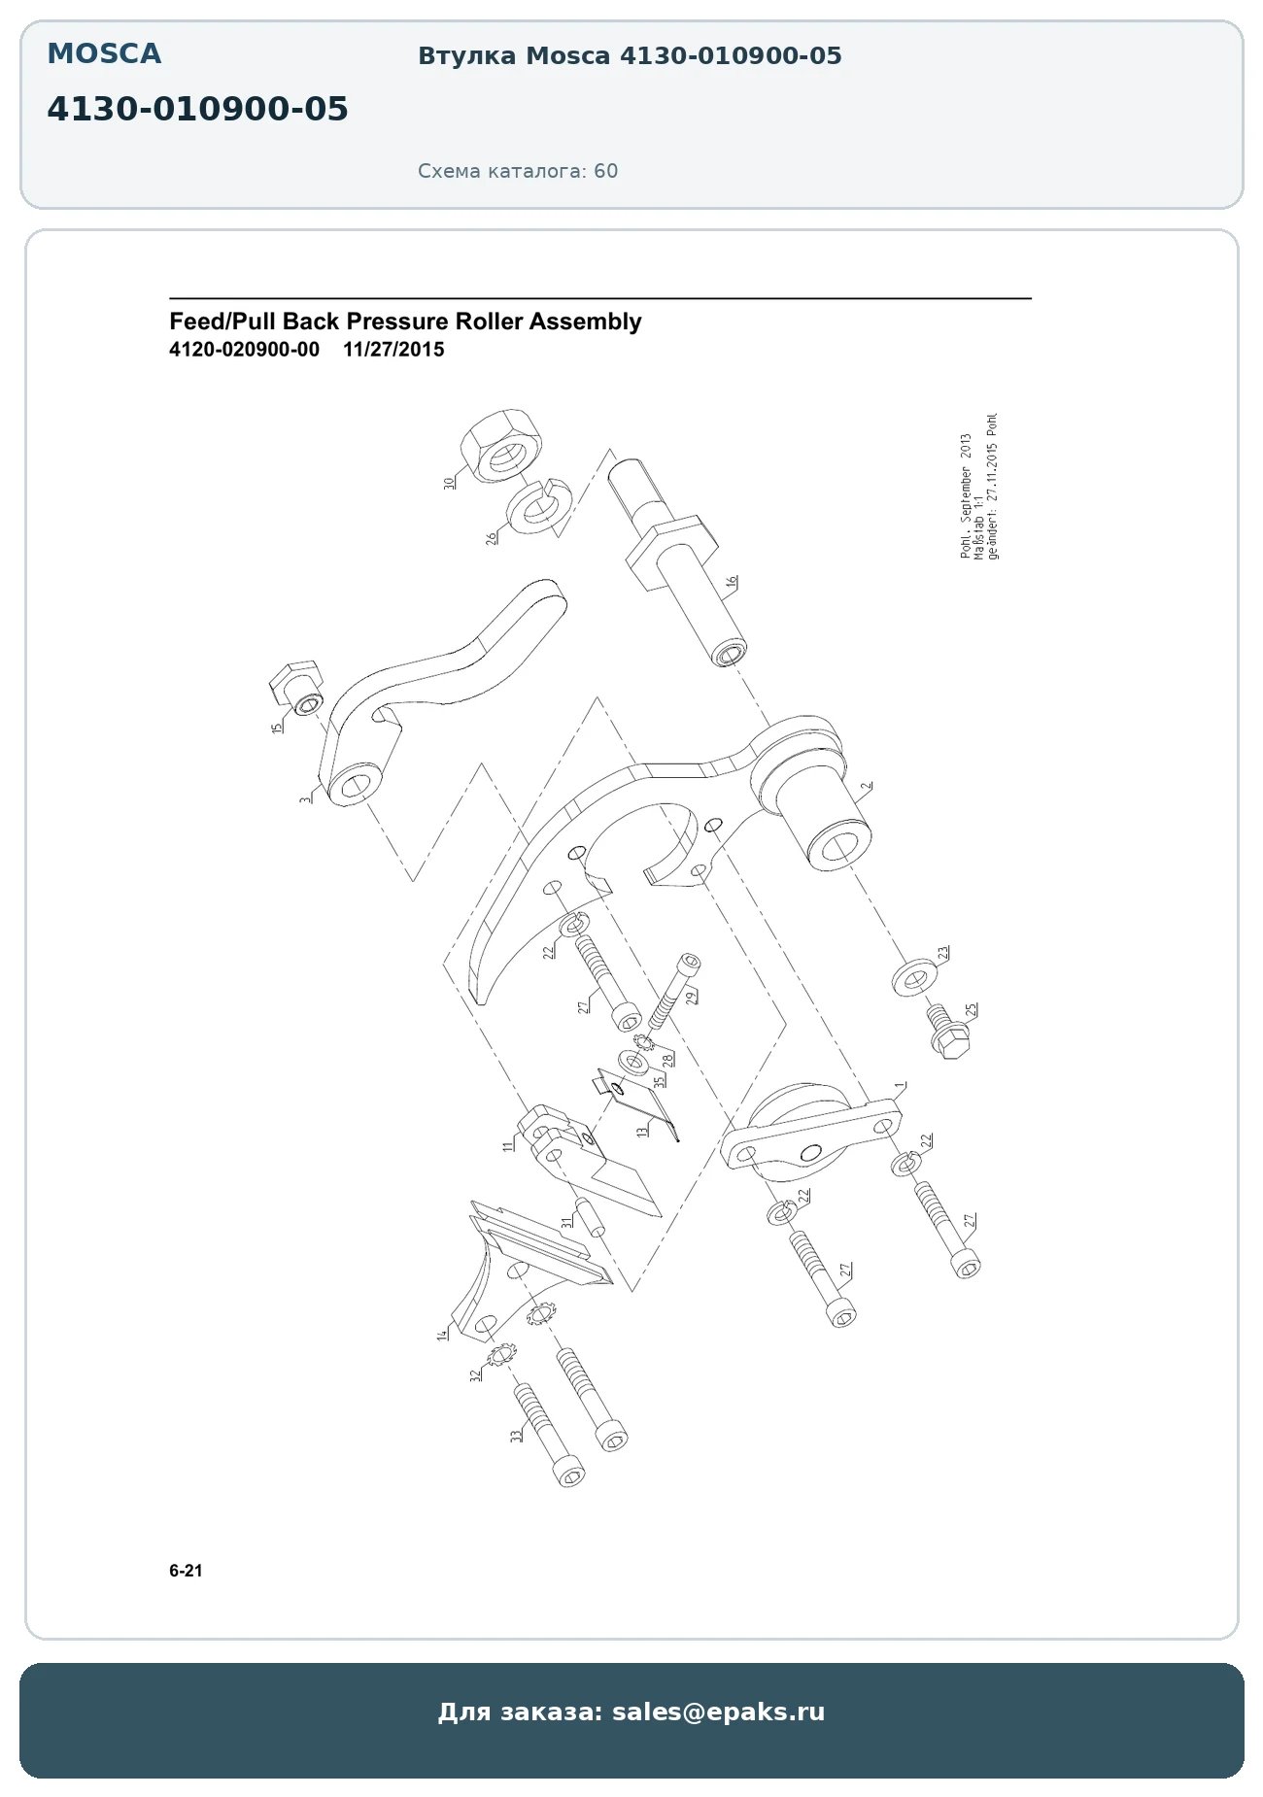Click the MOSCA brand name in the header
104,54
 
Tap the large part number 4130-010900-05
197,110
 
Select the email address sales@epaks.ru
718,1712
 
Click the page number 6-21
186,1571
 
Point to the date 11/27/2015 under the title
393,350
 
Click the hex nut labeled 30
499,443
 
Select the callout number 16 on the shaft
732,582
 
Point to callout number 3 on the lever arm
306,799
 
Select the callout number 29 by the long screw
691,996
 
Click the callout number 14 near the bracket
443,1335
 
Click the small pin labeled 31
590,1218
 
